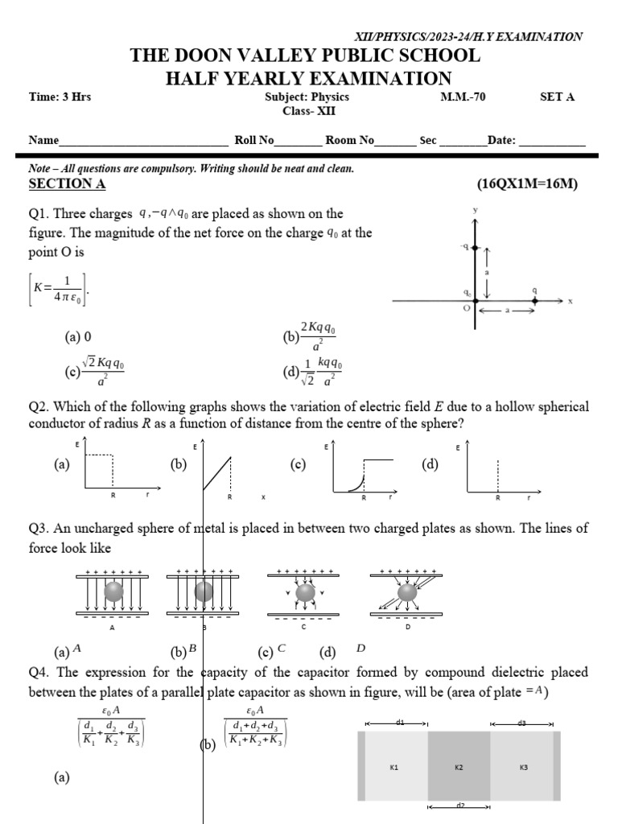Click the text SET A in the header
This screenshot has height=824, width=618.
click(557, 97)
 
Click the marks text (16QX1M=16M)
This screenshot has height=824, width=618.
click(527, 184)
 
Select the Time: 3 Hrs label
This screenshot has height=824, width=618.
click(60, 97)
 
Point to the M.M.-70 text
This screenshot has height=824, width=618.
click(463, 97)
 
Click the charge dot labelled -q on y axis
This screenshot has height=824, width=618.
click(475, 248)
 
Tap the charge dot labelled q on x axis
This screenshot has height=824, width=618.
click(536, 302)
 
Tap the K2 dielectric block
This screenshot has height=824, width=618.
click(459, 767)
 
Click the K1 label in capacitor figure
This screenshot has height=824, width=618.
click(394, 768)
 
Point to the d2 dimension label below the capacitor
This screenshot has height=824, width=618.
click(460, 805)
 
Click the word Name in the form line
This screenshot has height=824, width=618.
click(44, 140)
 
